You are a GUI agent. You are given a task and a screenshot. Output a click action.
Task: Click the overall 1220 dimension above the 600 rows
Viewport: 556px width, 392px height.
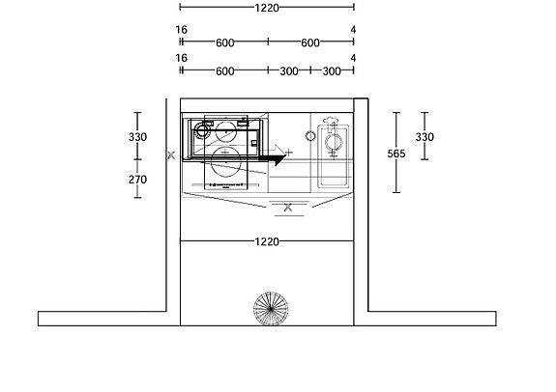(x=267, y=8)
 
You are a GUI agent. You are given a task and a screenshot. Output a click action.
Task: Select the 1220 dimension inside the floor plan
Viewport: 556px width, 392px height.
(x=267, y=241)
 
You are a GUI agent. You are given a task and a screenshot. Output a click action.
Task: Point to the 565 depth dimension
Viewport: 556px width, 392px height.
(x=396, y=153)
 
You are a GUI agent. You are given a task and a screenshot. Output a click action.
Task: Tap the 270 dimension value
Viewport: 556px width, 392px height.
(x=138, y=179)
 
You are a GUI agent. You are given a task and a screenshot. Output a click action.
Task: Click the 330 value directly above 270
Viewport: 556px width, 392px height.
(x=138, y=137)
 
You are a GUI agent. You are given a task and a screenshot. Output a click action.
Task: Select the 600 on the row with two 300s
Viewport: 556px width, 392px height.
(x=224, y=71)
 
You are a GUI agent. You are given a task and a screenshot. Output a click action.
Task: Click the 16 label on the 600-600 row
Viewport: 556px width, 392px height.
(x=181, y=30)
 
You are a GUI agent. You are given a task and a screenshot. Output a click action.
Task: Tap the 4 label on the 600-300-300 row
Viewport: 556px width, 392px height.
(x=354, y=58)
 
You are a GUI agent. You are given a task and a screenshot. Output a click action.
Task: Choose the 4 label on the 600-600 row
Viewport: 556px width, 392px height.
(x=354, y=30)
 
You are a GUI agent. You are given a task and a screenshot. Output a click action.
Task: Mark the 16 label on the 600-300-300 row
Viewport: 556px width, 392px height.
(x=181, y=58)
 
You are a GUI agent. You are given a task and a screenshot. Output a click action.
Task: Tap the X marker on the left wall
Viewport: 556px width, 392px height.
(x=170, y=154)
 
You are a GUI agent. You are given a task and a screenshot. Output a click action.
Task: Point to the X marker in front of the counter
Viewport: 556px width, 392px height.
(x=287, y=207)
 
